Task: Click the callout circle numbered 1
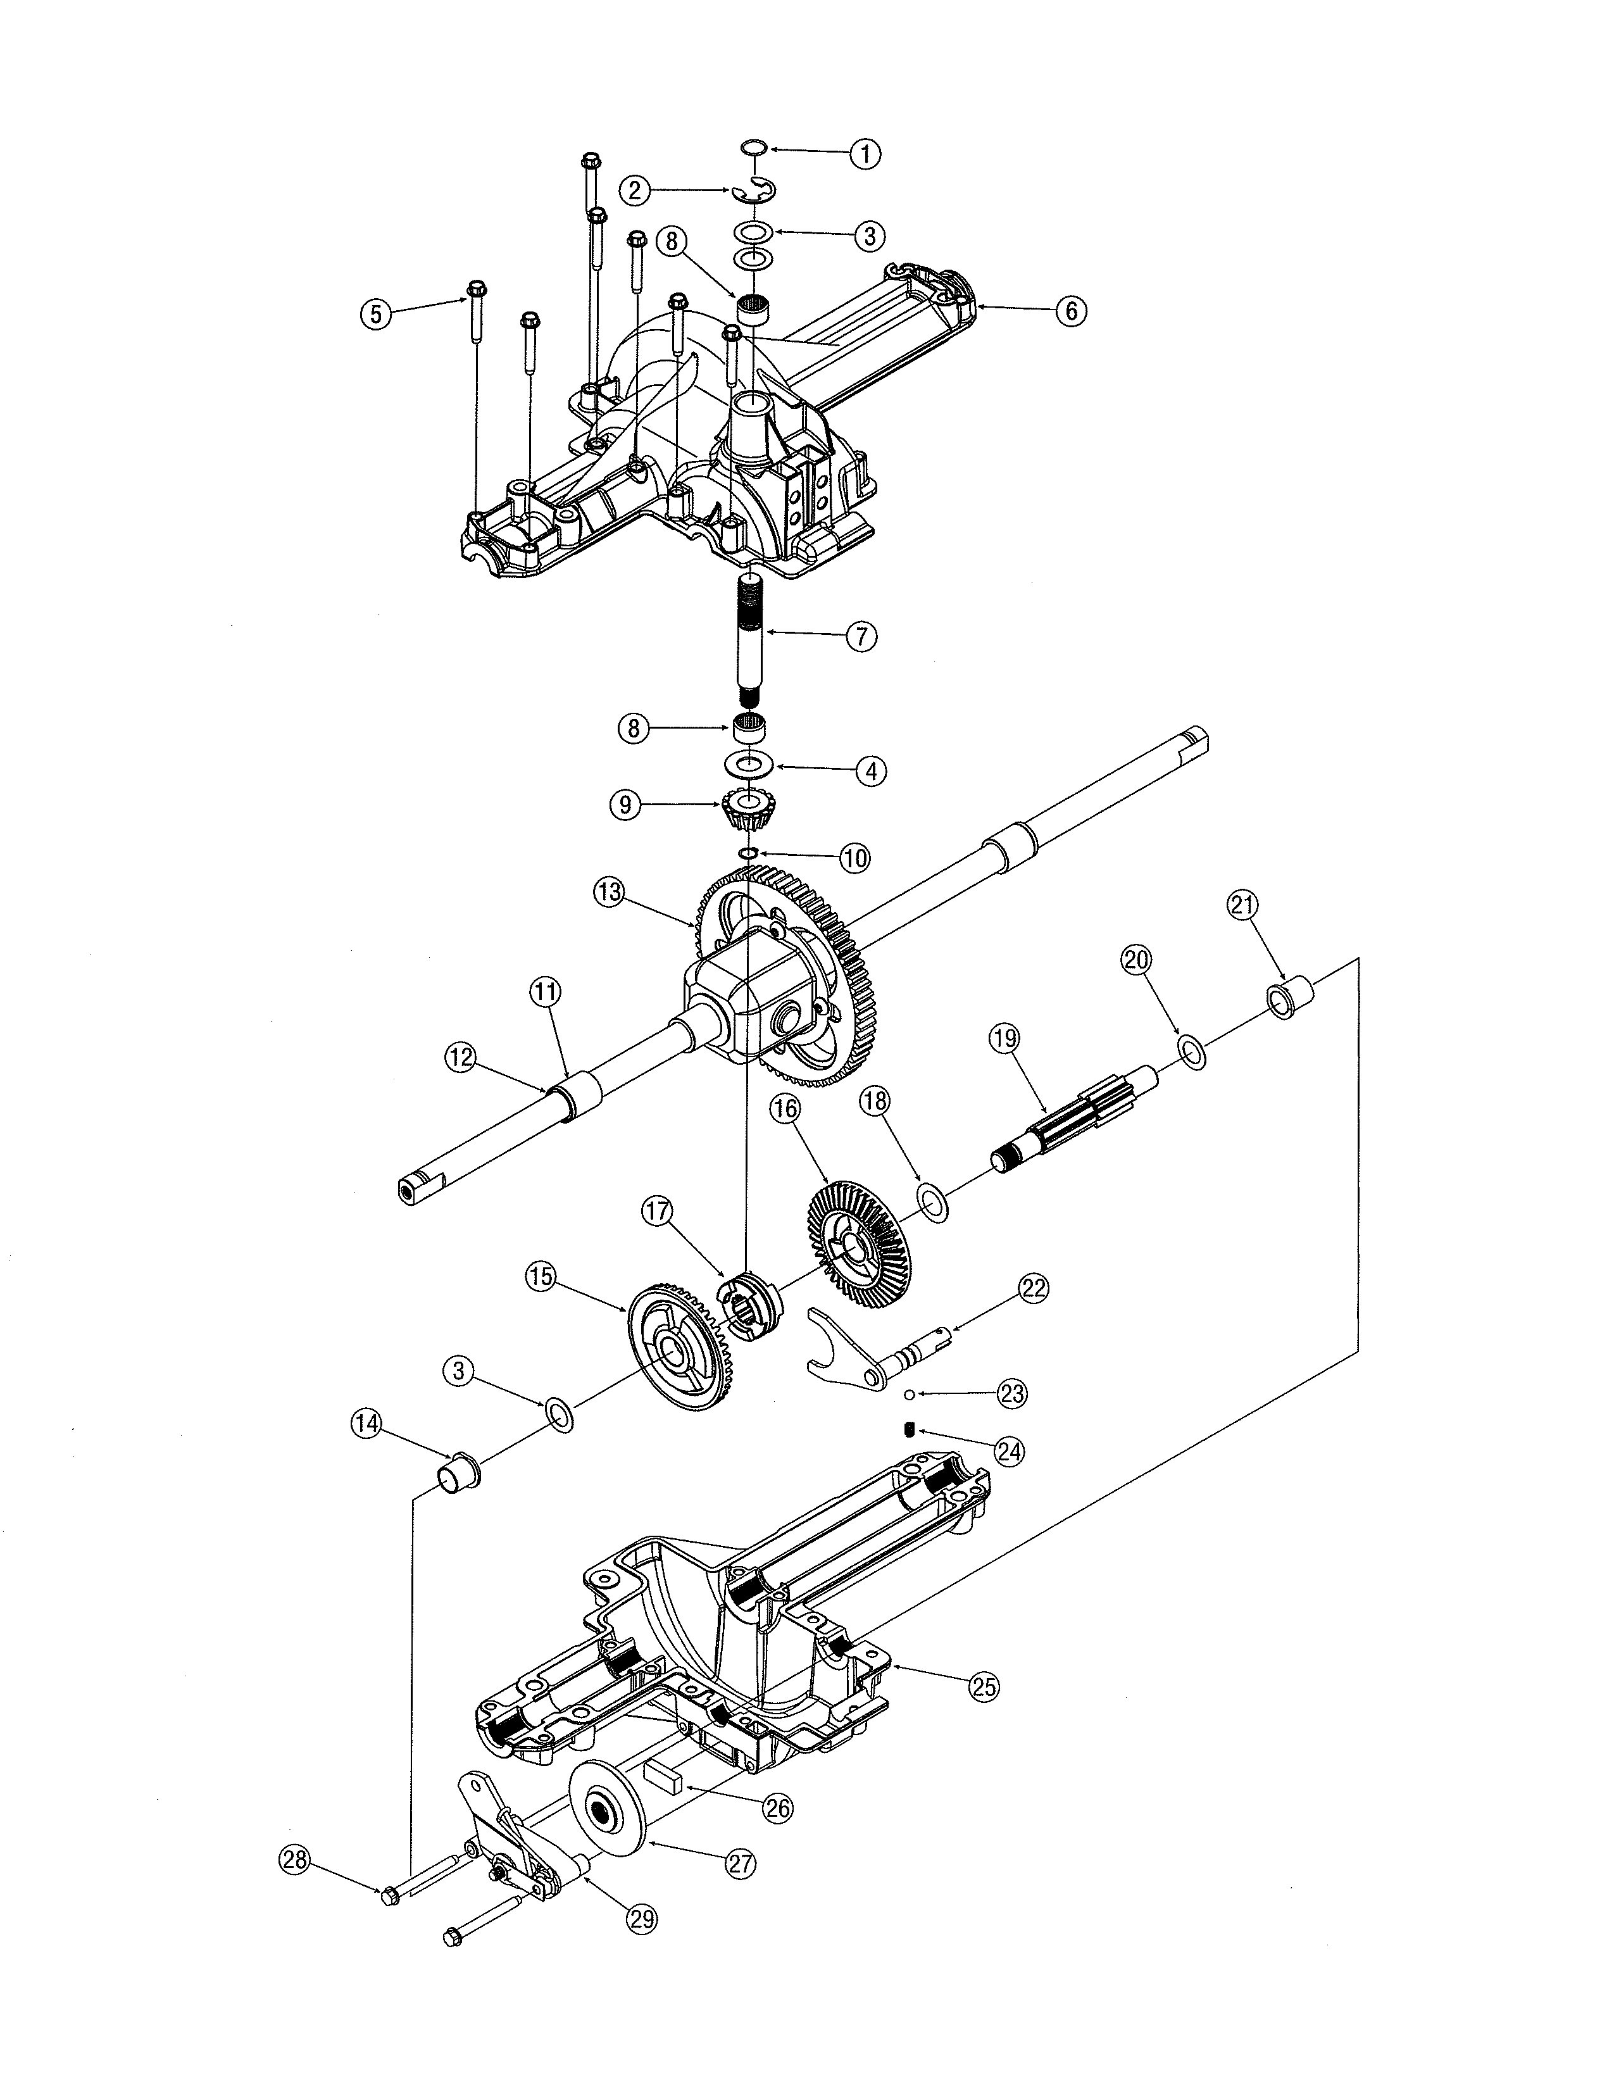pos(865,153)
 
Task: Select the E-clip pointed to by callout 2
pos(755,191)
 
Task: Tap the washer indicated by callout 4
pos(748,765)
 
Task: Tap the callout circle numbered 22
pos(1034,1288)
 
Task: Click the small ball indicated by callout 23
pos(913,1394)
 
